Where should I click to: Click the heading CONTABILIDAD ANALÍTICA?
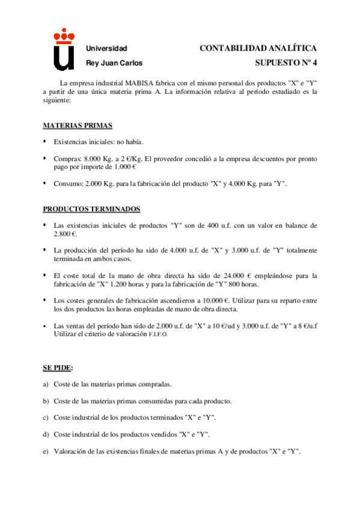pos(258,48)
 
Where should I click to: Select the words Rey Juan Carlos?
pos(115,63)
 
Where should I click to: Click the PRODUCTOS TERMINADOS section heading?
pos(91,209)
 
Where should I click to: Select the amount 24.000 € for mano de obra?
pos(213,275)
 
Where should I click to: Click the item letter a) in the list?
pos(46,384)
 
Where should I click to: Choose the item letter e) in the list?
pos(46,451)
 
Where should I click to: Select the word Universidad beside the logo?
pos(107,48)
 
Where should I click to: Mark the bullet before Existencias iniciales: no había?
pos(44,142)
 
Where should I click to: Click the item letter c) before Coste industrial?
pos(46,417)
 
